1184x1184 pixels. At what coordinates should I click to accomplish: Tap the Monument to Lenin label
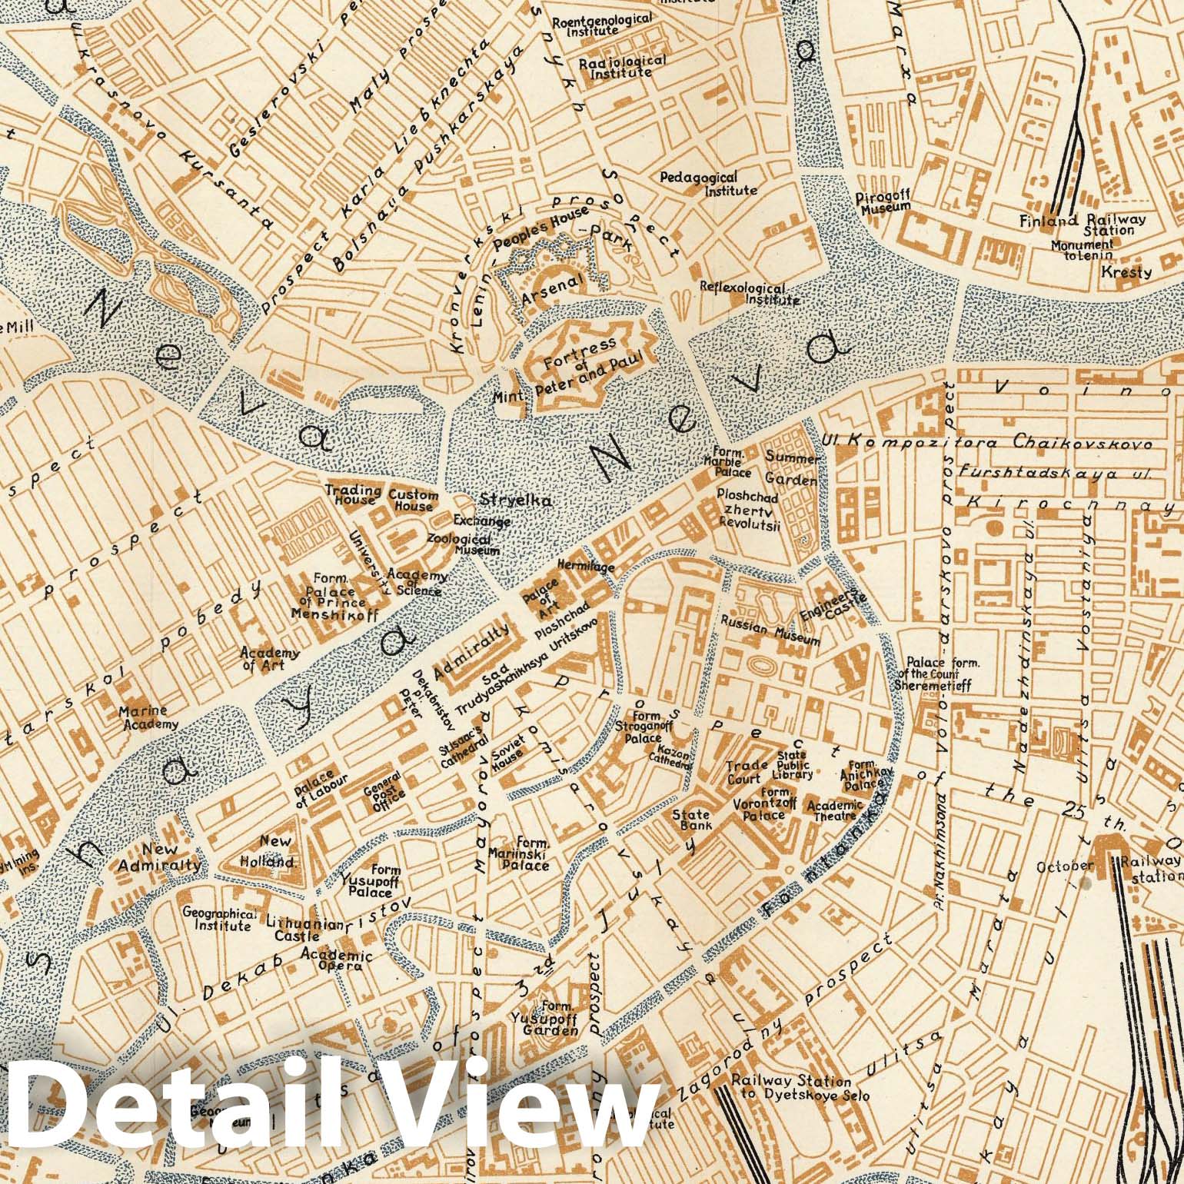pyautogui.click(x=1082, y=249)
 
